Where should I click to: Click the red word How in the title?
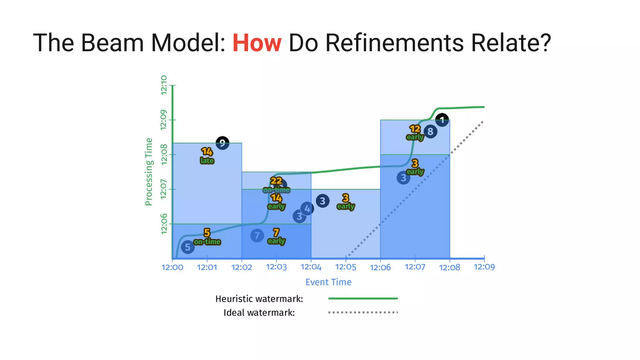(x=257, y=43)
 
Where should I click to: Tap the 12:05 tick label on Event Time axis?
(x=346, y=267)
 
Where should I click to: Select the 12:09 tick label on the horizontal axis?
(x=484, y=267)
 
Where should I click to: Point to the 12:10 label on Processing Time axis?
(x=164, y=85)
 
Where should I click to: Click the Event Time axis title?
(x=328, y=282)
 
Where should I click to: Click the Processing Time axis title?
(x=149, y=172)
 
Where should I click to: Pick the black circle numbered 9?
(x=222, y=143)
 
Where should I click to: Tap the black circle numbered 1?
(x=442, y=120)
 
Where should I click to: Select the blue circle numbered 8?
(x=430, y=132)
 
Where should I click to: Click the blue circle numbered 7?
(x=257, y=236)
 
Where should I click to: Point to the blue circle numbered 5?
(x=187, y=247)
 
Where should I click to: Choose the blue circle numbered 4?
(x=307, y=209)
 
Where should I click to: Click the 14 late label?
(x=207, y=156)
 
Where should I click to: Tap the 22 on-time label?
(x=276, y=185)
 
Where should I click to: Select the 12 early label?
(x=415, y=133)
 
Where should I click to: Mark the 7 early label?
(x=276, y=237)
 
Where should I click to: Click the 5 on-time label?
(x=207, y=237)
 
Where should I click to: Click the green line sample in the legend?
(x=363, y=298)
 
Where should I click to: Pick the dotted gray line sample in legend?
(x=363, y=312)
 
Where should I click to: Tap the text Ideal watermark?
(x=259, y=312)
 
